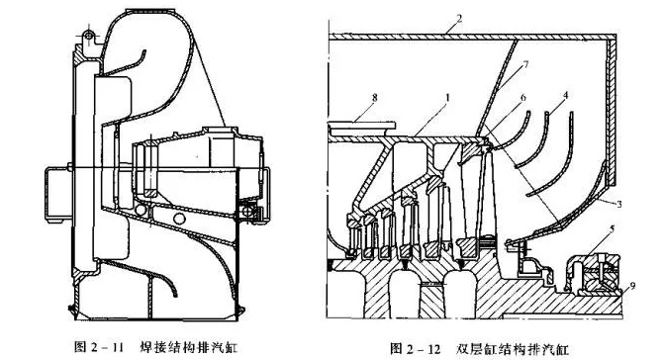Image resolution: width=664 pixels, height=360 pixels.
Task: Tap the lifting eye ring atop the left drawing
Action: click(x=89, y=38)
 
